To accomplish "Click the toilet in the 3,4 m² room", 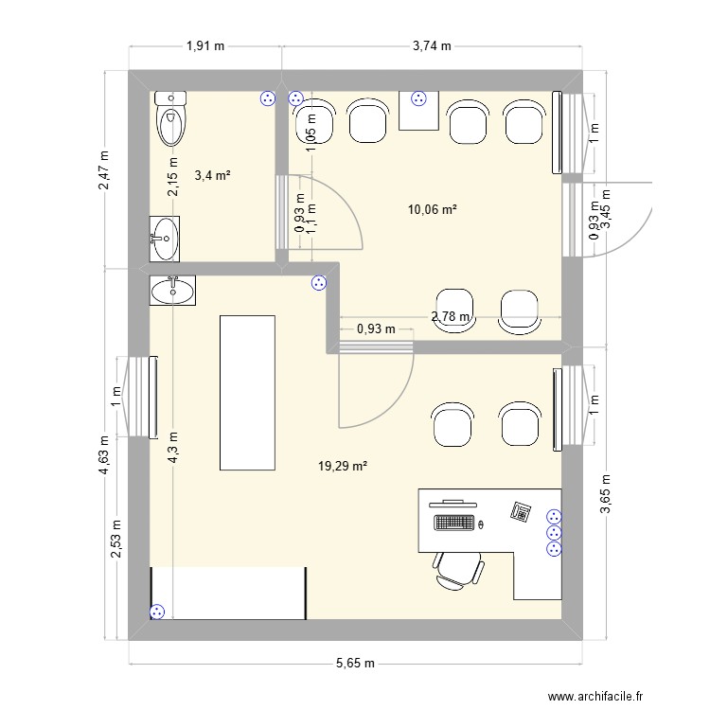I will pyautogui.click(x=170, y=119).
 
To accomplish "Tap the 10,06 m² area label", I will pyautogui.click(x=431, y=209).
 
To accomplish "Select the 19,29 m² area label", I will pyautogui.click(x=340, y=466).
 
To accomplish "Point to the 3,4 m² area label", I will pyautogui.click(x=213, y=175).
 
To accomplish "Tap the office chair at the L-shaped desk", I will pyautogui.click(x=459, y=571).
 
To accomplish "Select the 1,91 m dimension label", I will pyautogui.click(x=205, y=45).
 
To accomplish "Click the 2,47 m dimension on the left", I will pyautogui.click(x=104, y=170).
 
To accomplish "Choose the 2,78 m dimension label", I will pyautogui.click(x=450, y=317).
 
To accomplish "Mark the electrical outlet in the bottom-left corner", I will pyautogui.click(x=158, y=612).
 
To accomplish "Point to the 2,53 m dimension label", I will pyautogui.click(x=116, y=538).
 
